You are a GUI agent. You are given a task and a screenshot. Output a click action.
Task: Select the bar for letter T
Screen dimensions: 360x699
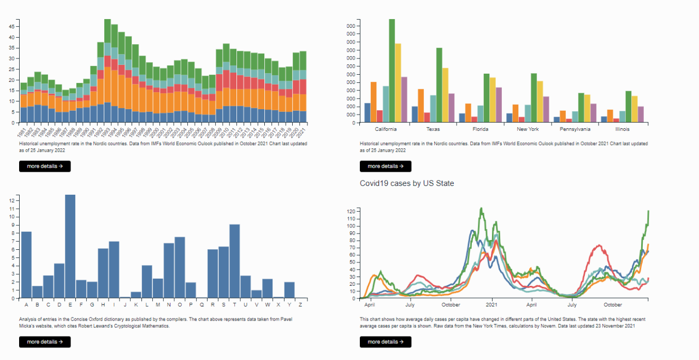[235, 261]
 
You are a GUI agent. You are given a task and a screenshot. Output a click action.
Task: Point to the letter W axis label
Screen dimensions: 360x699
[268, 304]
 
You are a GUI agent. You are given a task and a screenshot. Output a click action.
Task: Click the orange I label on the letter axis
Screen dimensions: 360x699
[114, 304]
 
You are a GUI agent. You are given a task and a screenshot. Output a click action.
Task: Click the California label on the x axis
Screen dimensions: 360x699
[386, 129]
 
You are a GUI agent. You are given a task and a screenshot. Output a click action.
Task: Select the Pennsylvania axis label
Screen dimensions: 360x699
[574, 129]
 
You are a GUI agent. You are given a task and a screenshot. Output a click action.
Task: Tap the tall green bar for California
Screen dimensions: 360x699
[392, 71]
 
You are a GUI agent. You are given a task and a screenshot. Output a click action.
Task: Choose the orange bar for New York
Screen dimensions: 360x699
[516, 113]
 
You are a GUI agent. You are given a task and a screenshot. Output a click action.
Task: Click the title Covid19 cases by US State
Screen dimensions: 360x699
[407, 183]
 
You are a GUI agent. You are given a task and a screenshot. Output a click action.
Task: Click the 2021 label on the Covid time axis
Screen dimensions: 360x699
[492, 304]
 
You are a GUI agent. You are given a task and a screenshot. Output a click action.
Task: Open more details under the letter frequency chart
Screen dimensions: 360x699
[45, 342]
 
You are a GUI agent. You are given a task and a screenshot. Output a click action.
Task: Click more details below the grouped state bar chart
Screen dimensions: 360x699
[386, 166]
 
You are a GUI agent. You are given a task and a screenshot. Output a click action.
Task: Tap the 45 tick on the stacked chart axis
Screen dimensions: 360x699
[12, 37]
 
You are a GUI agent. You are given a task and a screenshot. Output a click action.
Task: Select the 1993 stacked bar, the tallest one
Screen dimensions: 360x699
[108, 71]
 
